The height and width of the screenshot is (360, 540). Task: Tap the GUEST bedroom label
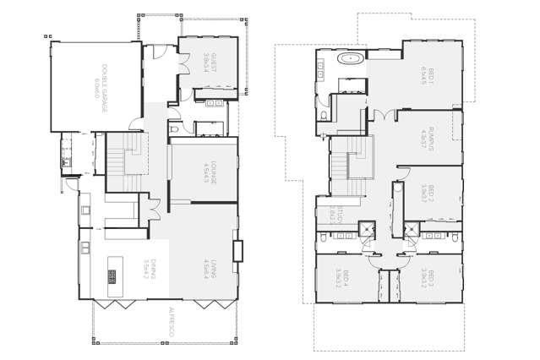coord(213,63)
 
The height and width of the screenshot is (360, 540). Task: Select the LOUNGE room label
coord(213,172)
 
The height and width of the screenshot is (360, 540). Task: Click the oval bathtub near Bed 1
coord(349,59)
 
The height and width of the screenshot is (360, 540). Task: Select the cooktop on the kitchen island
coord(112,276)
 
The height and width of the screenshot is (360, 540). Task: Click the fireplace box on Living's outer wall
coord(238,251)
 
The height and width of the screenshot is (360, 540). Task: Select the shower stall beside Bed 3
coord(412,227)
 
